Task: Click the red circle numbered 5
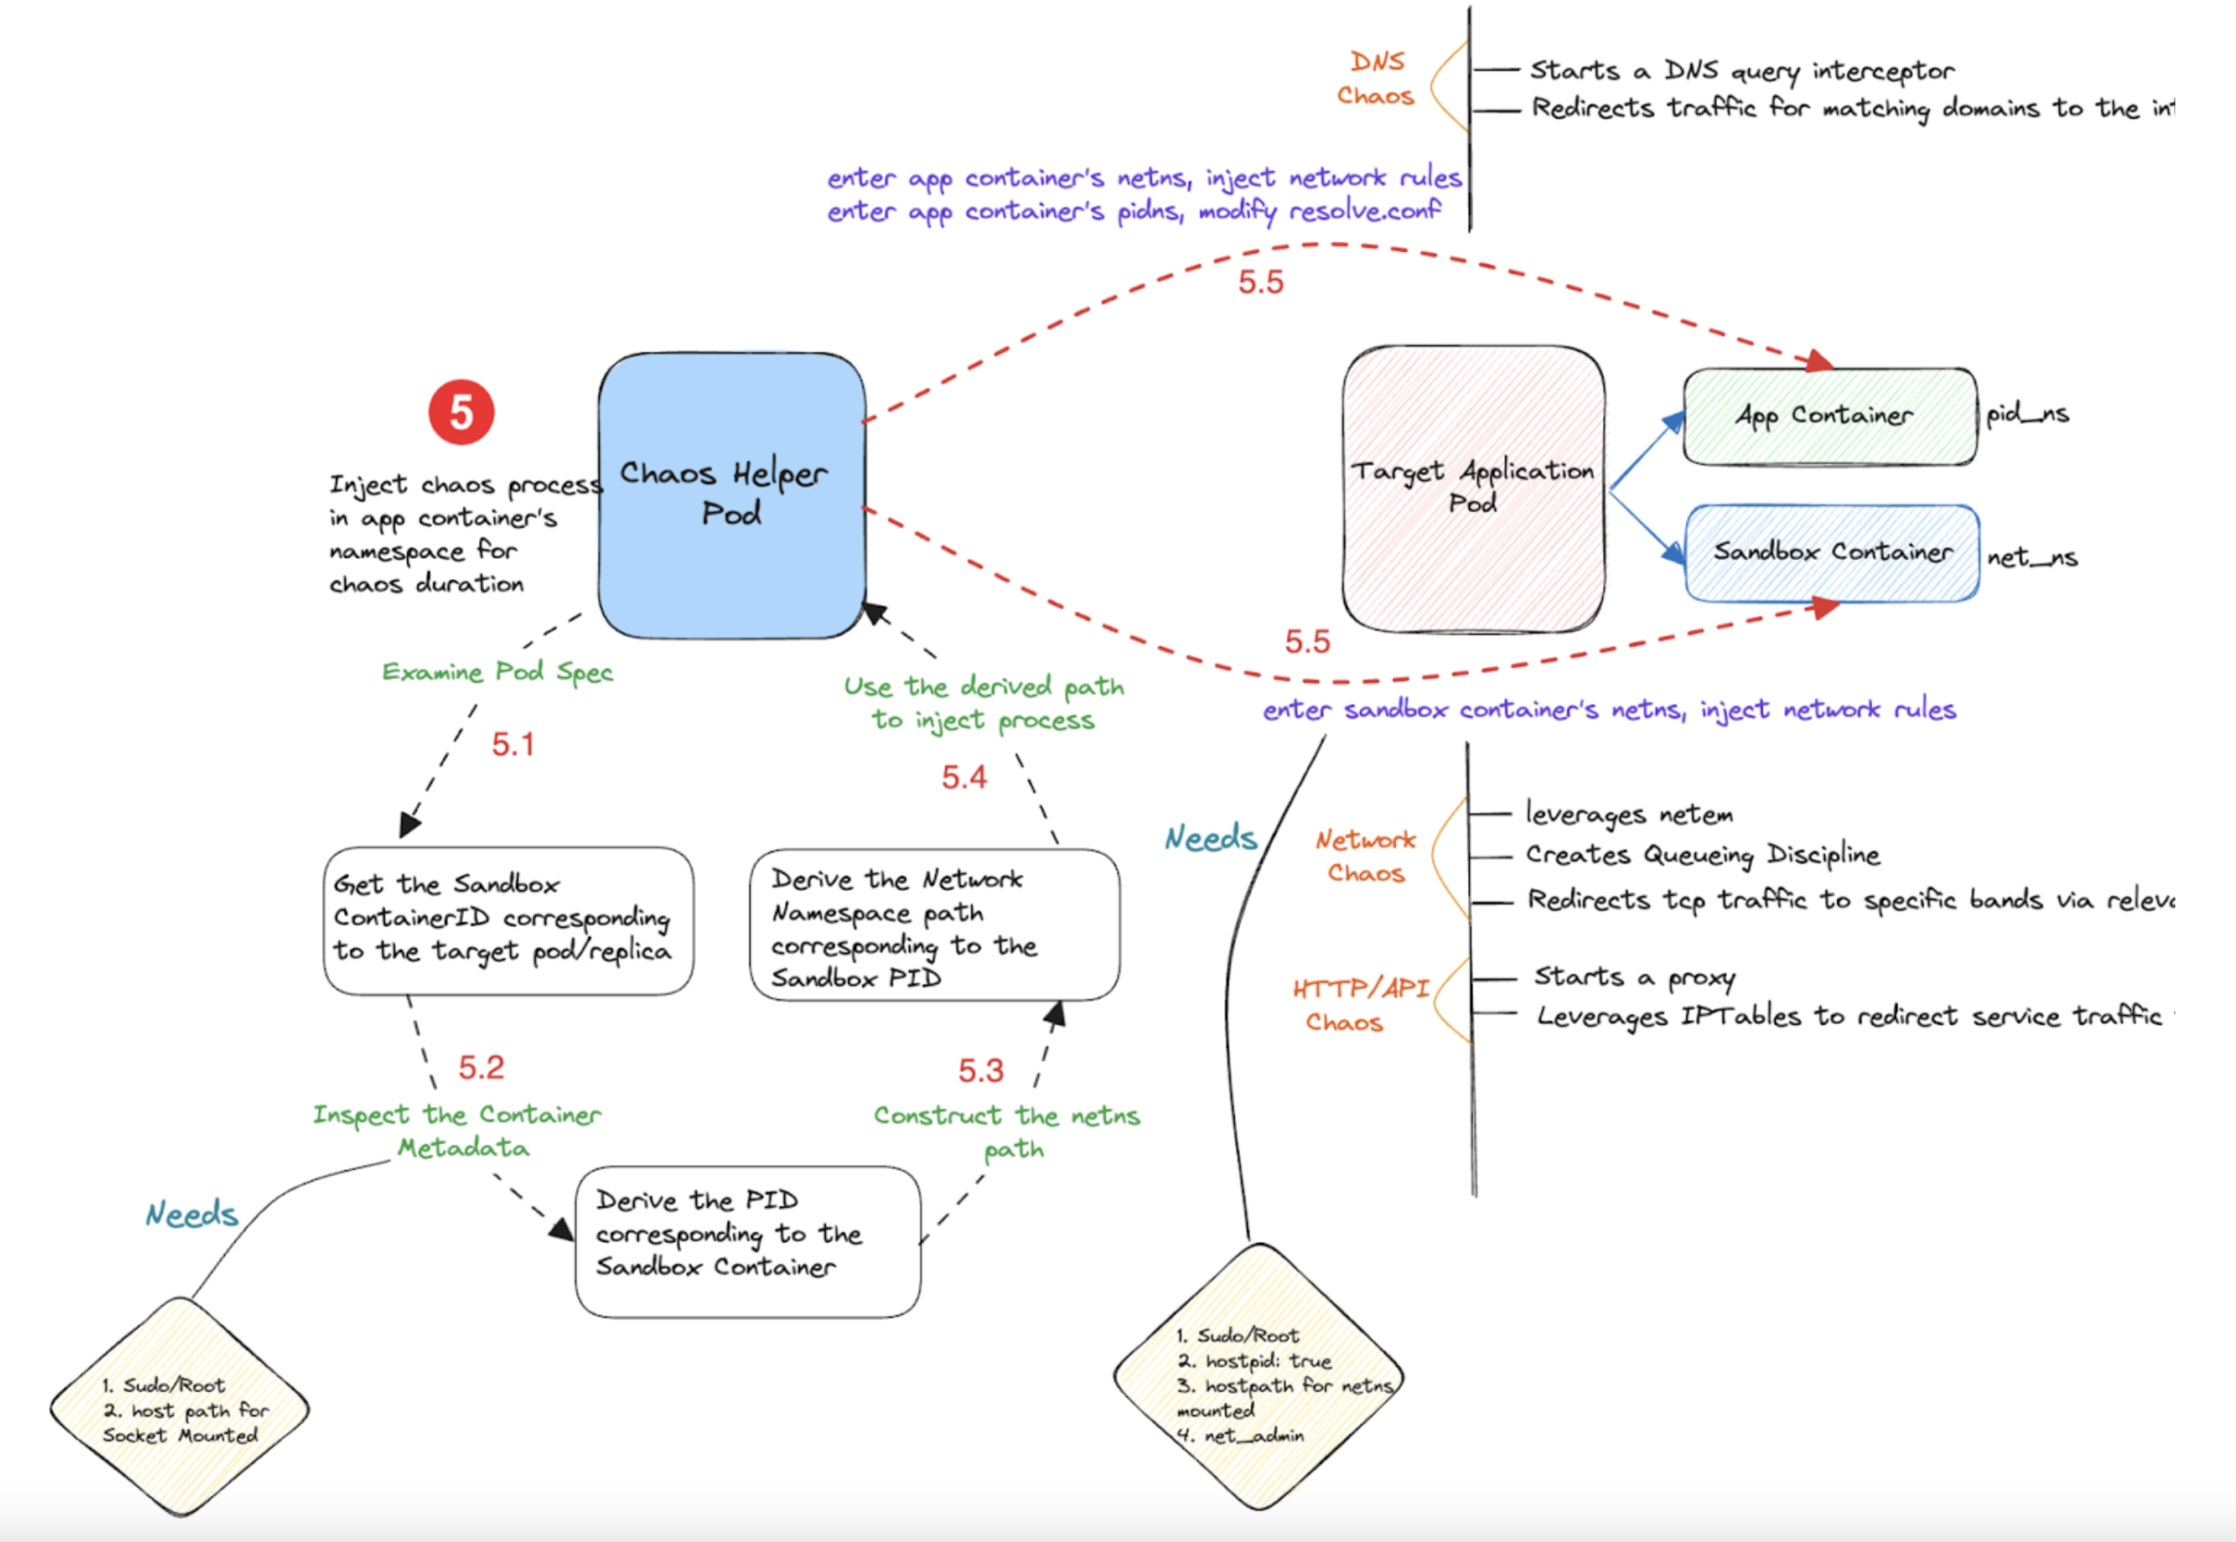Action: (x=461, y=412)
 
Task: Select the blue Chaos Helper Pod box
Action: (x=731, y=495)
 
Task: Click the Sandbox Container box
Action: (x=1831, y=553)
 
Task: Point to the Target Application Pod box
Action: (x=1472, y=488)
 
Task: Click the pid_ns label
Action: (x=2026, y=413)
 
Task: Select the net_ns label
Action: (x=2031, y=558)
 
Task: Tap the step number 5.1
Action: (x=512, y=744)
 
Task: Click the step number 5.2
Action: (x=481, y=1067)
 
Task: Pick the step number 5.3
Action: (x=980, y=1071)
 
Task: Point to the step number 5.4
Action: (x=964, y=777)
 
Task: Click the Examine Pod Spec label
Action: (x=497, y=671)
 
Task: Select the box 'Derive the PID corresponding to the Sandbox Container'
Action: (x=747, y=1241)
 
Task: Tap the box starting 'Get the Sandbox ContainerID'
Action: (x=507, y=921)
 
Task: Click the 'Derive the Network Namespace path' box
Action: (x=933, y=925)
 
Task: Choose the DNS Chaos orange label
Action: (x=1375, y=79)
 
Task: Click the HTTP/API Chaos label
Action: (x=1360, y=1005)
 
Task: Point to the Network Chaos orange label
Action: (x=1364, y=856)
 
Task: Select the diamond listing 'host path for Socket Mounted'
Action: (x=179, y=1408)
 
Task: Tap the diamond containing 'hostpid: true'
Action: (x=1258, y=1377)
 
